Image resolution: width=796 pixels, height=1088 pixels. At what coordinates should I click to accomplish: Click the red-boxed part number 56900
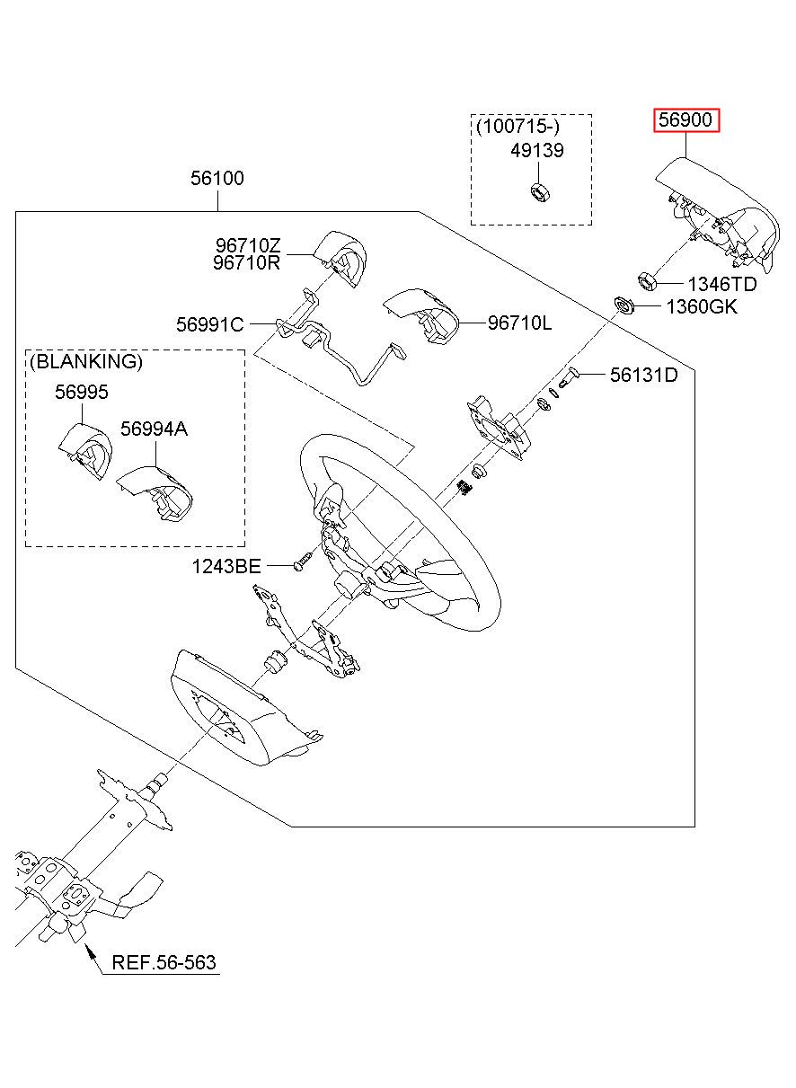coord(686,121)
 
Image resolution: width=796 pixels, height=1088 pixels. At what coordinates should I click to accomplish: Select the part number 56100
coord(217,179)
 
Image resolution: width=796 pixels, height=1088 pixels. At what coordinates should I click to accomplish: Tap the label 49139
coord(537,151)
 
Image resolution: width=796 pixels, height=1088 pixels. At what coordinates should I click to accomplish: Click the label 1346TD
coord(721,285)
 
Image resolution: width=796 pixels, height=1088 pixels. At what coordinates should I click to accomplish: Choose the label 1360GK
coord(701,307)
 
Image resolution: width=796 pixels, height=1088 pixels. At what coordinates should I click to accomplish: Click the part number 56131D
coord(643,375)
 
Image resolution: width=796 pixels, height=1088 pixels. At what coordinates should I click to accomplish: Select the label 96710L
coord(519,323)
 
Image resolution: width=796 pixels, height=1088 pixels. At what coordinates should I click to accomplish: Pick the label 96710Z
coord(247,245)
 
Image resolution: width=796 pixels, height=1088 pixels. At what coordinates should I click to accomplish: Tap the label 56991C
coord(209,325)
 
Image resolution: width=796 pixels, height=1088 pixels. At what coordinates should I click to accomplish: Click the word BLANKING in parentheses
coord(86,362)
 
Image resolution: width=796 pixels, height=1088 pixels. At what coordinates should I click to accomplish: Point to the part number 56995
coord(81,393)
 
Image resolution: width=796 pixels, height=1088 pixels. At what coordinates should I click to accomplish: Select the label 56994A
coord(154,429)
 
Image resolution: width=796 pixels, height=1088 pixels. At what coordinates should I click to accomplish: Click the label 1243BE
coord(226,566)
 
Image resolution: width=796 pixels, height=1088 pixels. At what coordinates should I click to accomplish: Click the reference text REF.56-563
coord(164,963)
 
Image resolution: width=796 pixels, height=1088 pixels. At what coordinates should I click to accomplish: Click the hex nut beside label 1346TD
coord(645,279)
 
